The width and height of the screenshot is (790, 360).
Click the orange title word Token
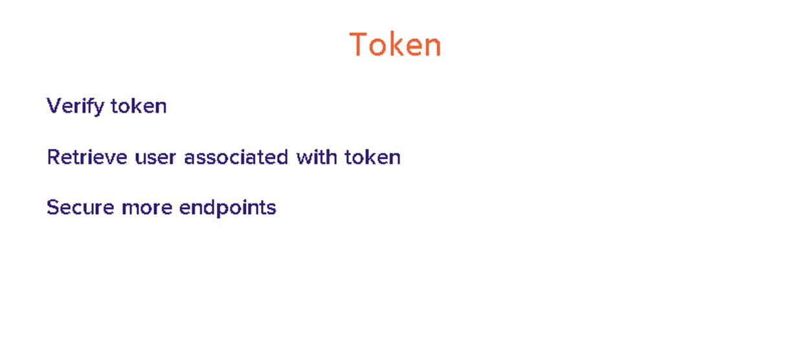[395, 45]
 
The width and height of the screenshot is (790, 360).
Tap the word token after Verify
[139, 106]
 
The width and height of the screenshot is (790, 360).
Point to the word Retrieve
[87, 157]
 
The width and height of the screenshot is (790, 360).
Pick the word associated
[236, 157]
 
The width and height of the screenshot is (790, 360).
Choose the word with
[317, 157]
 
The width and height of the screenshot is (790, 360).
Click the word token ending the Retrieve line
[373, 157]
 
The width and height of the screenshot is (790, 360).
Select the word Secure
[80, 207]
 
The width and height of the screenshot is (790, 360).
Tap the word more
[147, 208]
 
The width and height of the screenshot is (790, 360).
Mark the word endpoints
[228, 208]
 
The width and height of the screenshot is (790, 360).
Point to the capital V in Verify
[56, 106]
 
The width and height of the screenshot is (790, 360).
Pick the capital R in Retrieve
[55, 157]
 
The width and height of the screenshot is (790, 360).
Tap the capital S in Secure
[54, 207]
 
